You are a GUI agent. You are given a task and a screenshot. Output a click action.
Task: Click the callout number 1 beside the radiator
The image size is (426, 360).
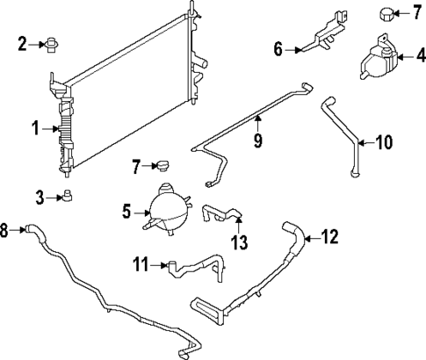tap(36, 129)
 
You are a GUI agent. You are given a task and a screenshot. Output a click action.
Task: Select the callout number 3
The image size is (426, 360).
tap(40, 197)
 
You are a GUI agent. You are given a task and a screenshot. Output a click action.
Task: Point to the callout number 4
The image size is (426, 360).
tap(419, 58)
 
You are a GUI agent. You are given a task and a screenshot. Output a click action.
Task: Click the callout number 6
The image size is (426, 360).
tap(278, 50)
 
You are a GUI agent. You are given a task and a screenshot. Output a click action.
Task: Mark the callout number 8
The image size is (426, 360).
tap(5, 231)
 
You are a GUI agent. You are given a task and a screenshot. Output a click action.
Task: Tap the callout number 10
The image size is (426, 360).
tap(386, 140)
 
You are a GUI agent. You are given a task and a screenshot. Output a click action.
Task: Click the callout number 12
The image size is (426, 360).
tap(329, 235)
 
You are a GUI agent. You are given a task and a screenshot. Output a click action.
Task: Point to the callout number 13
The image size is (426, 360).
tap(238, 240)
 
